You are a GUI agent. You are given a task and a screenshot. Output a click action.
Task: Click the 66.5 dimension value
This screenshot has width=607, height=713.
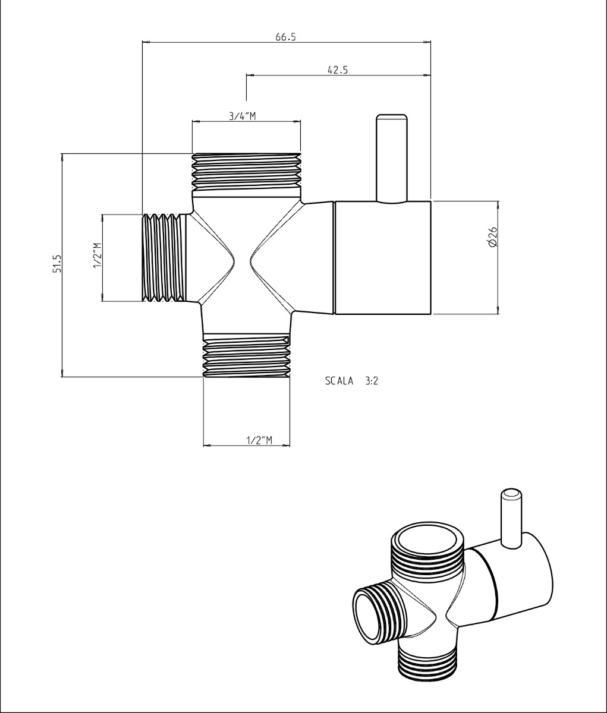click(x=285, y=37)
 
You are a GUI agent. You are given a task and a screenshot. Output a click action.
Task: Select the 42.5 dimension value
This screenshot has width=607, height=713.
click(x=337, y=70)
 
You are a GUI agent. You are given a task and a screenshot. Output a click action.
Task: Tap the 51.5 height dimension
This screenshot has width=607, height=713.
click(x=57, y=264)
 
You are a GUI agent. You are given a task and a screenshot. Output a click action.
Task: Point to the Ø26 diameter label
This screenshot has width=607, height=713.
click(x=492, y=237)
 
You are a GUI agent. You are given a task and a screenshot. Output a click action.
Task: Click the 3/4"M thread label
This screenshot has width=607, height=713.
click(x=243, y=116)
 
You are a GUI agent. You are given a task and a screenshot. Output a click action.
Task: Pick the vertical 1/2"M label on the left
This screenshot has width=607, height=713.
click(x=97, y=256)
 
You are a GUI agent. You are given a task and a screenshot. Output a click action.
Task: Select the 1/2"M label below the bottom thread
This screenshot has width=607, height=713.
click(x=259, y=440)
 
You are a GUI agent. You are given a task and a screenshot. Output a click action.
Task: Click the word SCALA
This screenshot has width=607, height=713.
click(x=339, y=381)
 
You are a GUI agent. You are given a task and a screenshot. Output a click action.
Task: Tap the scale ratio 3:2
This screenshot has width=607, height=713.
click(x=372, y=381)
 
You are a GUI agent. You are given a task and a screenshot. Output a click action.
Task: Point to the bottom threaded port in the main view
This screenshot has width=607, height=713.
click(x=247, y=356)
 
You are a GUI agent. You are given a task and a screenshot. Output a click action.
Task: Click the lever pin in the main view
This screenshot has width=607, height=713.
click(x=391, y=157)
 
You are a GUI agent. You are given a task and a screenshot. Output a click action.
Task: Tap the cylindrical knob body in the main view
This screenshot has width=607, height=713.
click(x=383, y=257)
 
